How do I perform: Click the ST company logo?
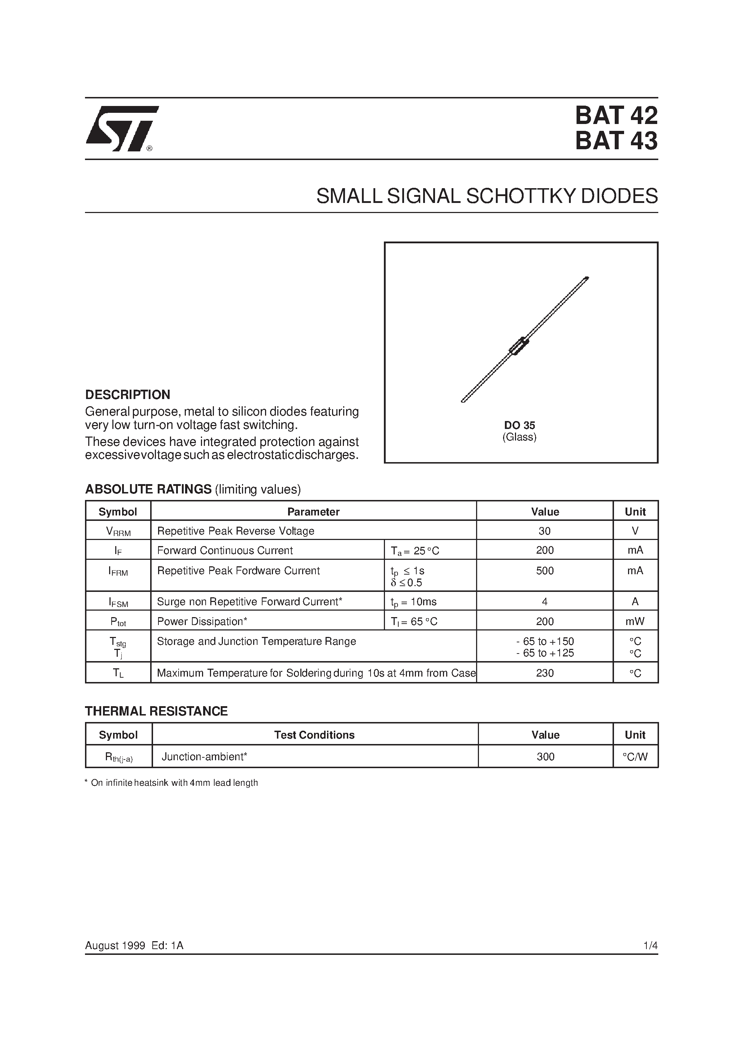pyautogui.click(x=122, y=129)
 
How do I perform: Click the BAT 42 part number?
pyautogui.click(x=616, y=116)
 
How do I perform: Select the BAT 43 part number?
pyautogui.click(x=616, y=141)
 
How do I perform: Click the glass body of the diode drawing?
pyautogui.click(x=519, y=346)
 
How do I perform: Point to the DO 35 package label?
pyautogui.click(x=519, y=425)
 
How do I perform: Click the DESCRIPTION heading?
pyautogui.click(x=127, y=394)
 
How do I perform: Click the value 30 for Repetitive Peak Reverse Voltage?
pyautogui.click(x=544, y=531)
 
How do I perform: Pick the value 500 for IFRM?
pyautogui.click(x=544, y=571)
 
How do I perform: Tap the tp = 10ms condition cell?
pyautogui.click(x=413, y=602)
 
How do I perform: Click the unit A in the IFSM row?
pyautogui.click(x=635, y=601)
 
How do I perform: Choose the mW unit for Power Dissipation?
pyautogui.click(x=635, y=621)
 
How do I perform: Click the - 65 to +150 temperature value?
pyautogui.click(x=545, y=641)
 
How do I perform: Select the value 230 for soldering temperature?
pyautogui.click(x=544, y=673)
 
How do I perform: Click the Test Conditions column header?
pyautogui.click(x=314, y=735)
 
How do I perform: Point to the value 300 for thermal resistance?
pyautogui.click(x=545, y=757)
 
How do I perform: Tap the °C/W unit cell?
pyautogui.click(x=635, y=757)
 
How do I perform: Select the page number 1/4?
pyautogui.click(x=650, y=945)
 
